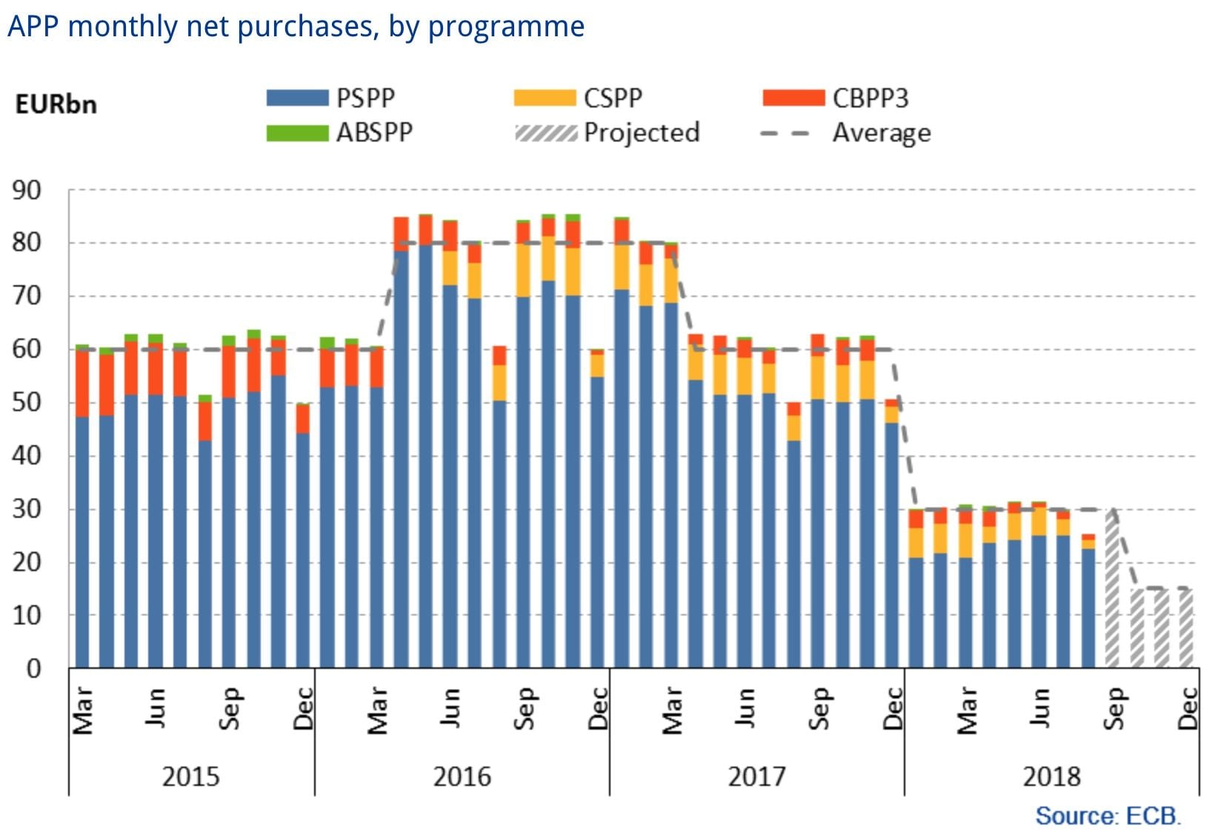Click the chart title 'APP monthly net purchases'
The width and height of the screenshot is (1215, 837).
(x=296, y=27)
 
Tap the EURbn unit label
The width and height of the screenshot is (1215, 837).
(x=56, y=104)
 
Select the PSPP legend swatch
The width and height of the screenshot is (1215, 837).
(x=297, y=98)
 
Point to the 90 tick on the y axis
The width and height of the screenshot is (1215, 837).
(x=27, y=190)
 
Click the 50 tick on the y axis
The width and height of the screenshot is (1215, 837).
(x=27, y=403)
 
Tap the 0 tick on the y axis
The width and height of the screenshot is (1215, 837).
(x=34, y=669)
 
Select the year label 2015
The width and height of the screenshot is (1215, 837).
(x=191, y=776)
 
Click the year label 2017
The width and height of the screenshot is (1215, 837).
(x=756, y=776)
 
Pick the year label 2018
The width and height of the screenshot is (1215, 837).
(x=1051, y=776)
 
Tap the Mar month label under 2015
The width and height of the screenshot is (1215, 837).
(x=83, y=710)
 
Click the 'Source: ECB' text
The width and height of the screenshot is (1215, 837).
(x=1108, y=816)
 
